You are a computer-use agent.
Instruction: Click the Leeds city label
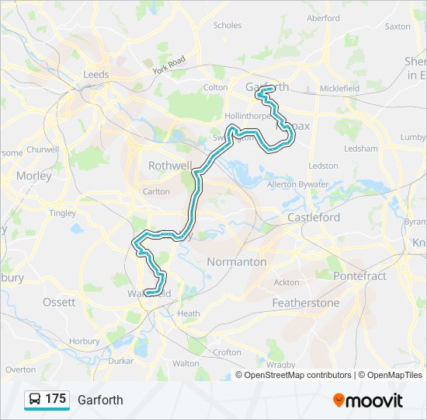[96, 75]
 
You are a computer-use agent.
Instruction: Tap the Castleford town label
[314, 218]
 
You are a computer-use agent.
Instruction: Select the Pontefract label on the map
[359, 276]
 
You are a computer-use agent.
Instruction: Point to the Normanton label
[237, 262]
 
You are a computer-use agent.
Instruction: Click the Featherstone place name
[305, 303]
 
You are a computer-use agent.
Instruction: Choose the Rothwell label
[170, 166]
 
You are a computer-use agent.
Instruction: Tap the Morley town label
[33, 176]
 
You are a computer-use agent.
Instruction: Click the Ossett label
[59, 302]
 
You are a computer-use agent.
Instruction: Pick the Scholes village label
[227, 26]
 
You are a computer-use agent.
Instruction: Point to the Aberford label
[323, 18]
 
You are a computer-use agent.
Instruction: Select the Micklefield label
[339, 89]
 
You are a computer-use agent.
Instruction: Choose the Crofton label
[227, 352]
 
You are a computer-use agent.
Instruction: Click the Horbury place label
[84, 341]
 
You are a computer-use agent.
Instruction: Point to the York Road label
[169, 65]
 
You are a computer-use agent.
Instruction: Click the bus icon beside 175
[35, 400]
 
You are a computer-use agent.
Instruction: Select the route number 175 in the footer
[56, 399]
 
